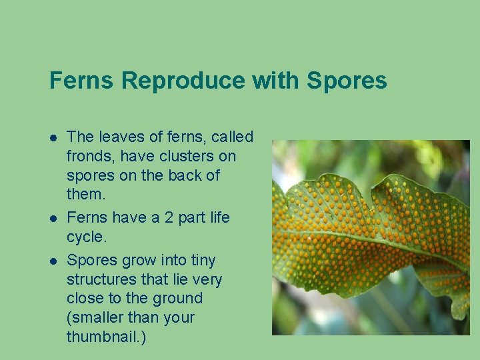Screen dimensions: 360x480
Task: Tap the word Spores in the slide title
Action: (x=347, y=81)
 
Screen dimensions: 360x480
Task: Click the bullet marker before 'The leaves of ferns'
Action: (x=53, y=137)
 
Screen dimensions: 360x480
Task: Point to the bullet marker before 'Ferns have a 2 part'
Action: (x=53, y=218)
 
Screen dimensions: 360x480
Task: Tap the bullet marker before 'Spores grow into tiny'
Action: (x=53, y=261)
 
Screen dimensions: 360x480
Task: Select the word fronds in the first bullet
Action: (x=87, y=156)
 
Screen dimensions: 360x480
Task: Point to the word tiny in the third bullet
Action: (x=203, y=260)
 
